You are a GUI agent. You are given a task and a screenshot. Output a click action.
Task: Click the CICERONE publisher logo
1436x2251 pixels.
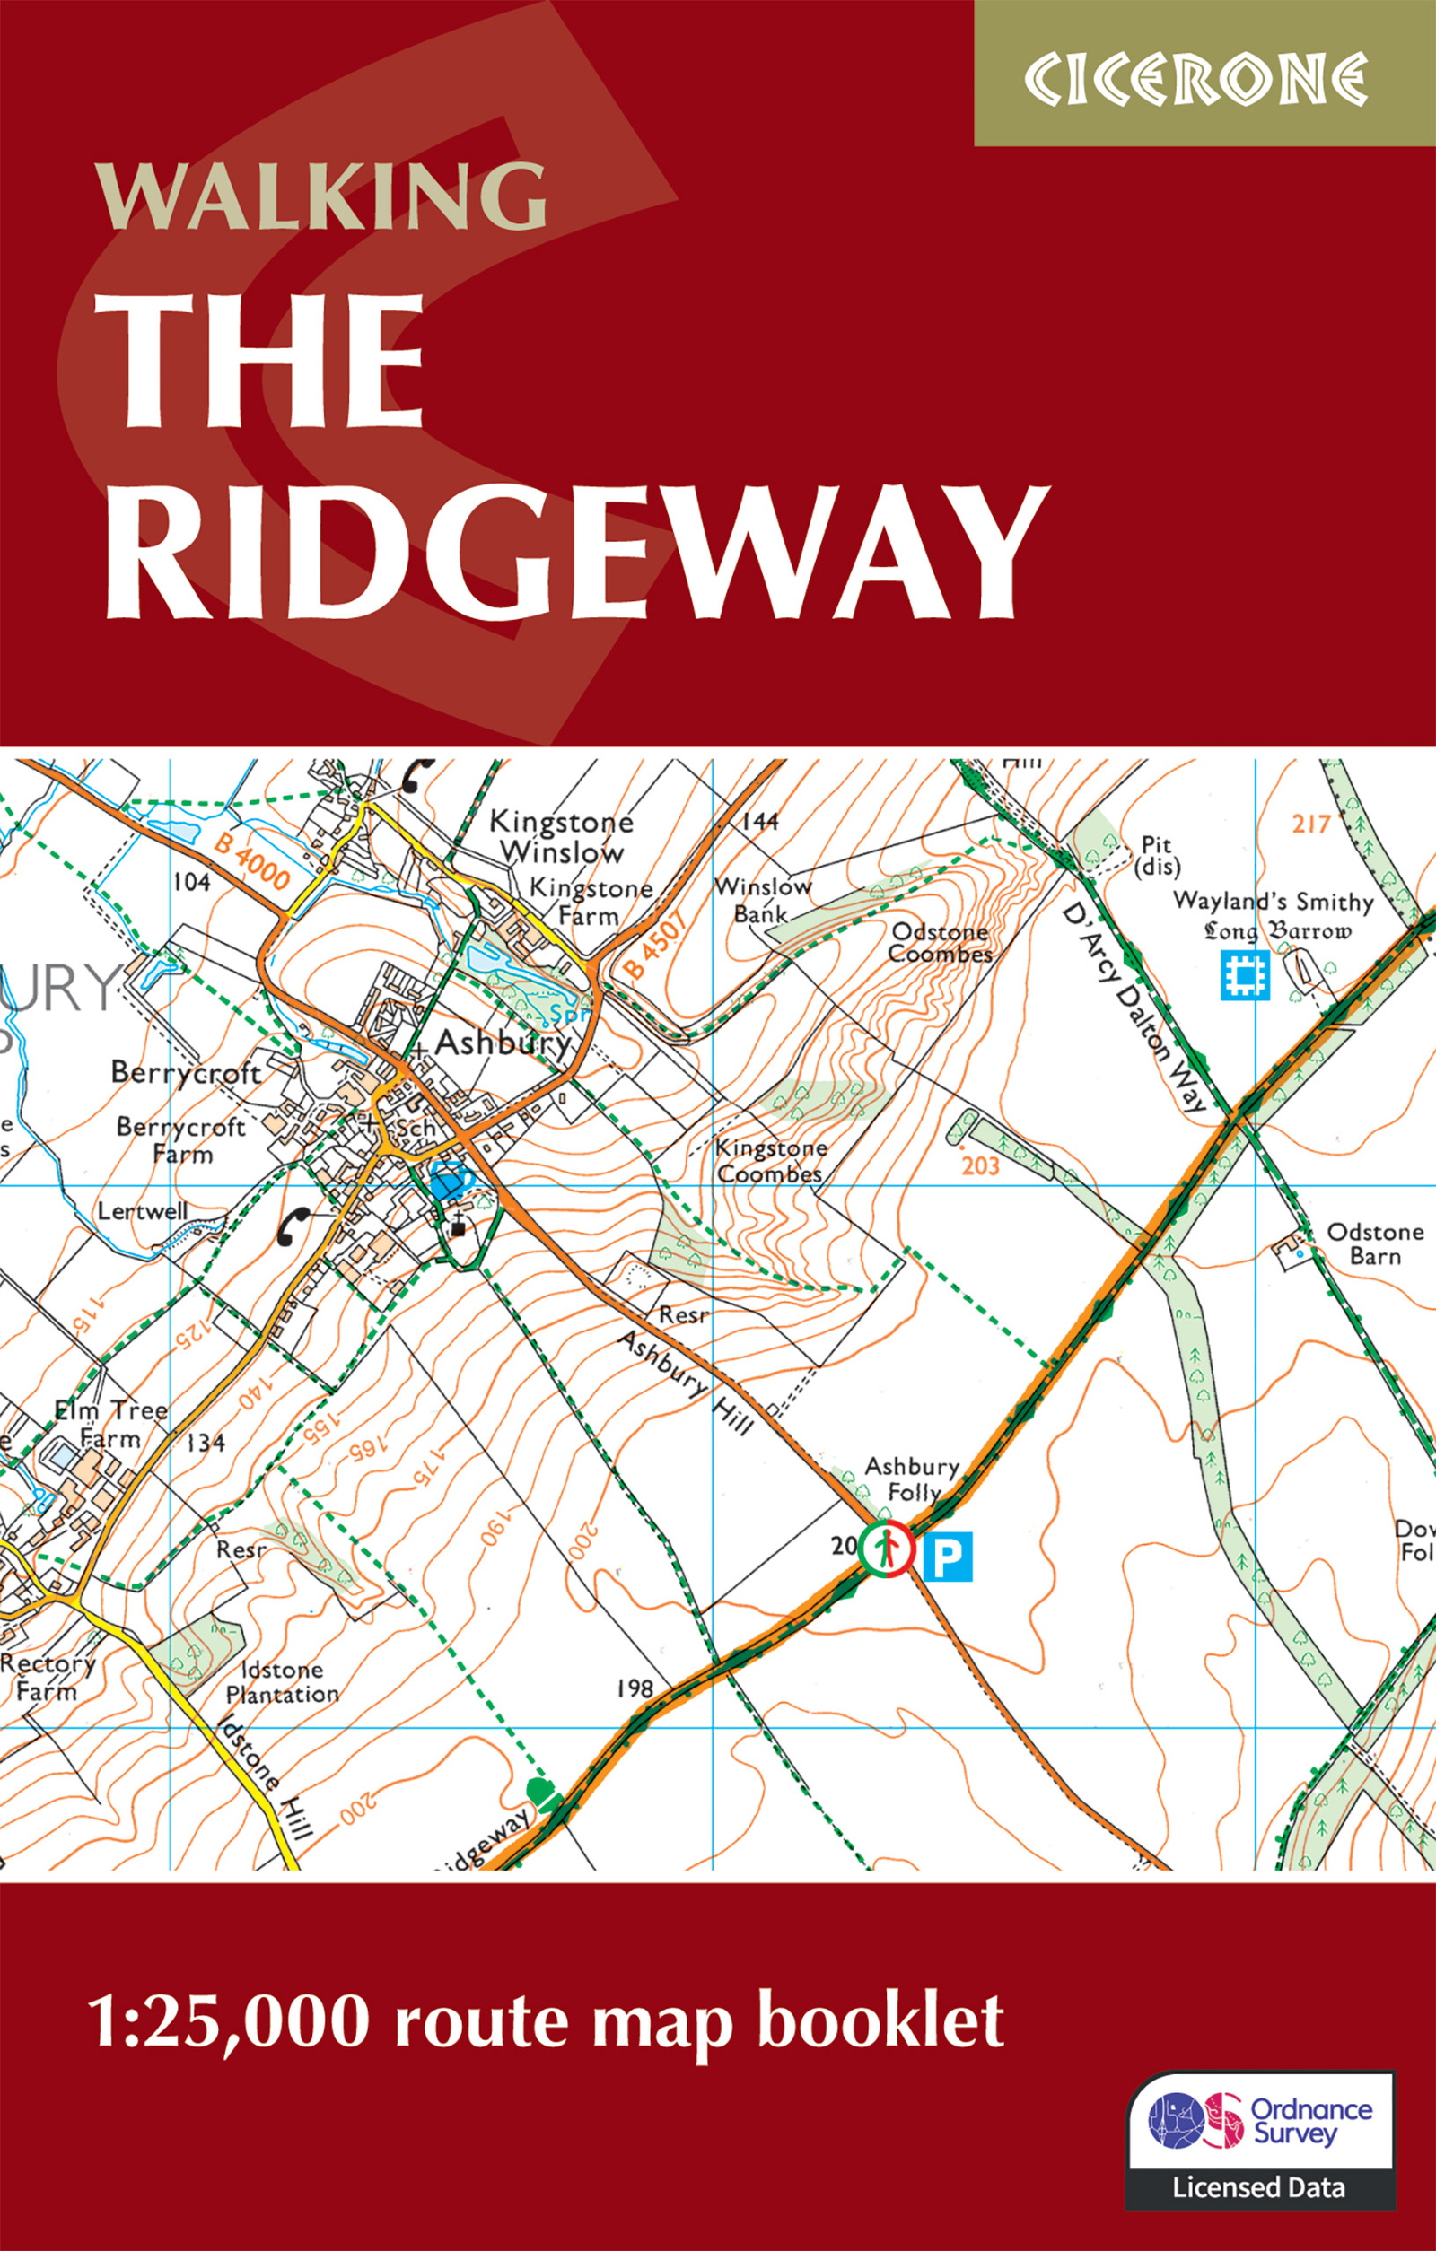point(1195,80)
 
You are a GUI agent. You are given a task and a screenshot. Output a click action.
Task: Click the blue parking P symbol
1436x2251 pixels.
point(947,1557)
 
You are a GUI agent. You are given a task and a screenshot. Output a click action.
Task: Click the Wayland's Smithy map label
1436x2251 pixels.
point(1273,902)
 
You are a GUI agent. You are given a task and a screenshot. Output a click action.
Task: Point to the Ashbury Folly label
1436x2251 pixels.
point(912,1479)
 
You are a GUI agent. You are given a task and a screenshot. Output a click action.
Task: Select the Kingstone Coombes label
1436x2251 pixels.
point(770,1161)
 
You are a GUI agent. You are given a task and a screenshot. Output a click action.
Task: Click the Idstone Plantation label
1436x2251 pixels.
point(282,1681)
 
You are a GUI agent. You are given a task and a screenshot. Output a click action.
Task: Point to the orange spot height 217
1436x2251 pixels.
point(1310,824)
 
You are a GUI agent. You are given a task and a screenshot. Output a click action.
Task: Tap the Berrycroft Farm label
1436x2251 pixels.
point(180,1140)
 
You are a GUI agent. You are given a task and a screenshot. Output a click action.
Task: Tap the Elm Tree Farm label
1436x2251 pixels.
point(110,1424)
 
